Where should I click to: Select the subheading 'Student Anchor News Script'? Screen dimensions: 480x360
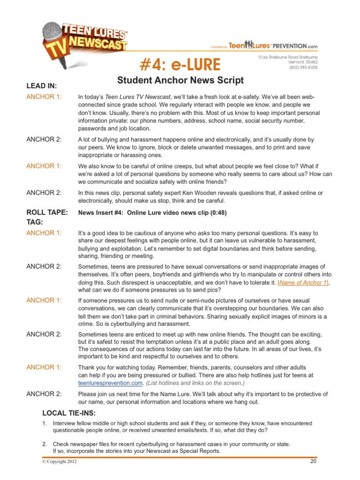pos(180,80)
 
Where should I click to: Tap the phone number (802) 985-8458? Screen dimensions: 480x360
pos(303,67)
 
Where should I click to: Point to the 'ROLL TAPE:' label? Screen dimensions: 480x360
pos(47,212)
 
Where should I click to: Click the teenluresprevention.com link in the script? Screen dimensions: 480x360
pos(110,382)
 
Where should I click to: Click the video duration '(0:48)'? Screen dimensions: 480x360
pos(217,212)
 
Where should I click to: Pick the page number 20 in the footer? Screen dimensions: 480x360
pos(313,461)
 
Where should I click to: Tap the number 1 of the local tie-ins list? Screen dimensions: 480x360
pos(44,423)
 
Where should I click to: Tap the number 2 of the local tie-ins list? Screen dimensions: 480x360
pos(44,443)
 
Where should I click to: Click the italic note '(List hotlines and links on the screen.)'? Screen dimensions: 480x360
pos(201,382)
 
